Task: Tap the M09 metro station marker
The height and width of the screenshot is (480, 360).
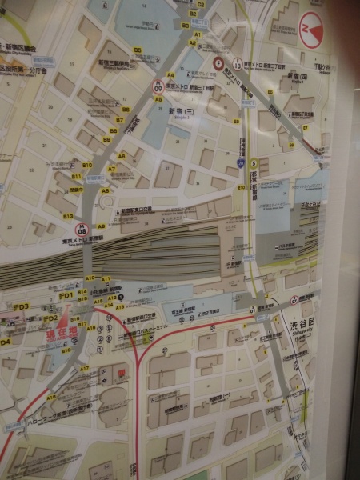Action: [x=158, y=84]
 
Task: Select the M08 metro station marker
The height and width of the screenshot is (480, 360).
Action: [x=80, y=230]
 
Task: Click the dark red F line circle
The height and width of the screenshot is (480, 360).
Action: [x=218, y=62]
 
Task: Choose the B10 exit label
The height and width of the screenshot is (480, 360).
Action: [x=87, y=166]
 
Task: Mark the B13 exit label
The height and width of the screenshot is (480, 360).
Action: [x=68, y=216]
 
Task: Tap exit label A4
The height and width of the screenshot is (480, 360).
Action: [x=170, y=74]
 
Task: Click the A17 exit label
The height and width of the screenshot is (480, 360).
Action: [x=84, y=368]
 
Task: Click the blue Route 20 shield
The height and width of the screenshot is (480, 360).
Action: [x=240, y=162]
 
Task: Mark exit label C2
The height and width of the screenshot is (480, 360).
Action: [x=201, y=4]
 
